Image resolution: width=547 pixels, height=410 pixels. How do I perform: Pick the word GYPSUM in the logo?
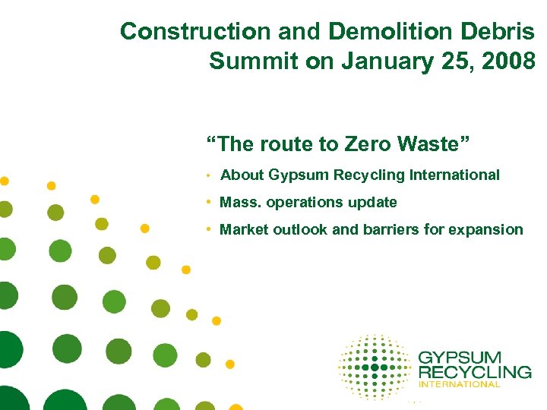click(460, 358)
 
